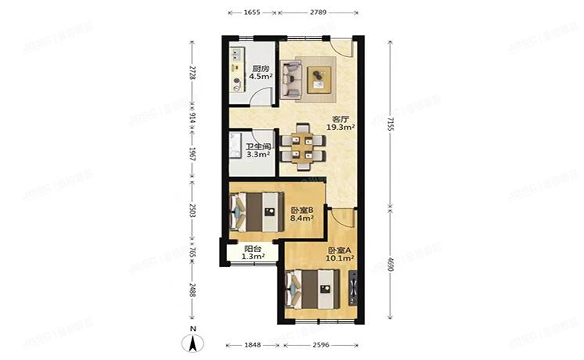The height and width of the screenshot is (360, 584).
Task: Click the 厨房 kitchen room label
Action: click(x=259, y=69)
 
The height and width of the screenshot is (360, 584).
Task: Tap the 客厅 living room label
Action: click(x=339, y=118)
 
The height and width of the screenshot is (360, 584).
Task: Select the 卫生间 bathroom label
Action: click(x=258, y=146)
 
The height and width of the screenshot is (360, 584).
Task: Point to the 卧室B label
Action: click(x=301, y=211)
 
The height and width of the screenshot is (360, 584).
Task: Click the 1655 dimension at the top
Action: click(x=251, y=13)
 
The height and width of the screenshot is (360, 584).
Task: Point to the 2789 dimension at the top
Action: click(x=318, y=13)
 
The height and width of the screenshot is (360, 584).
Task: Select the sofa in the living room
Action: click(x=290, y=79)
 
